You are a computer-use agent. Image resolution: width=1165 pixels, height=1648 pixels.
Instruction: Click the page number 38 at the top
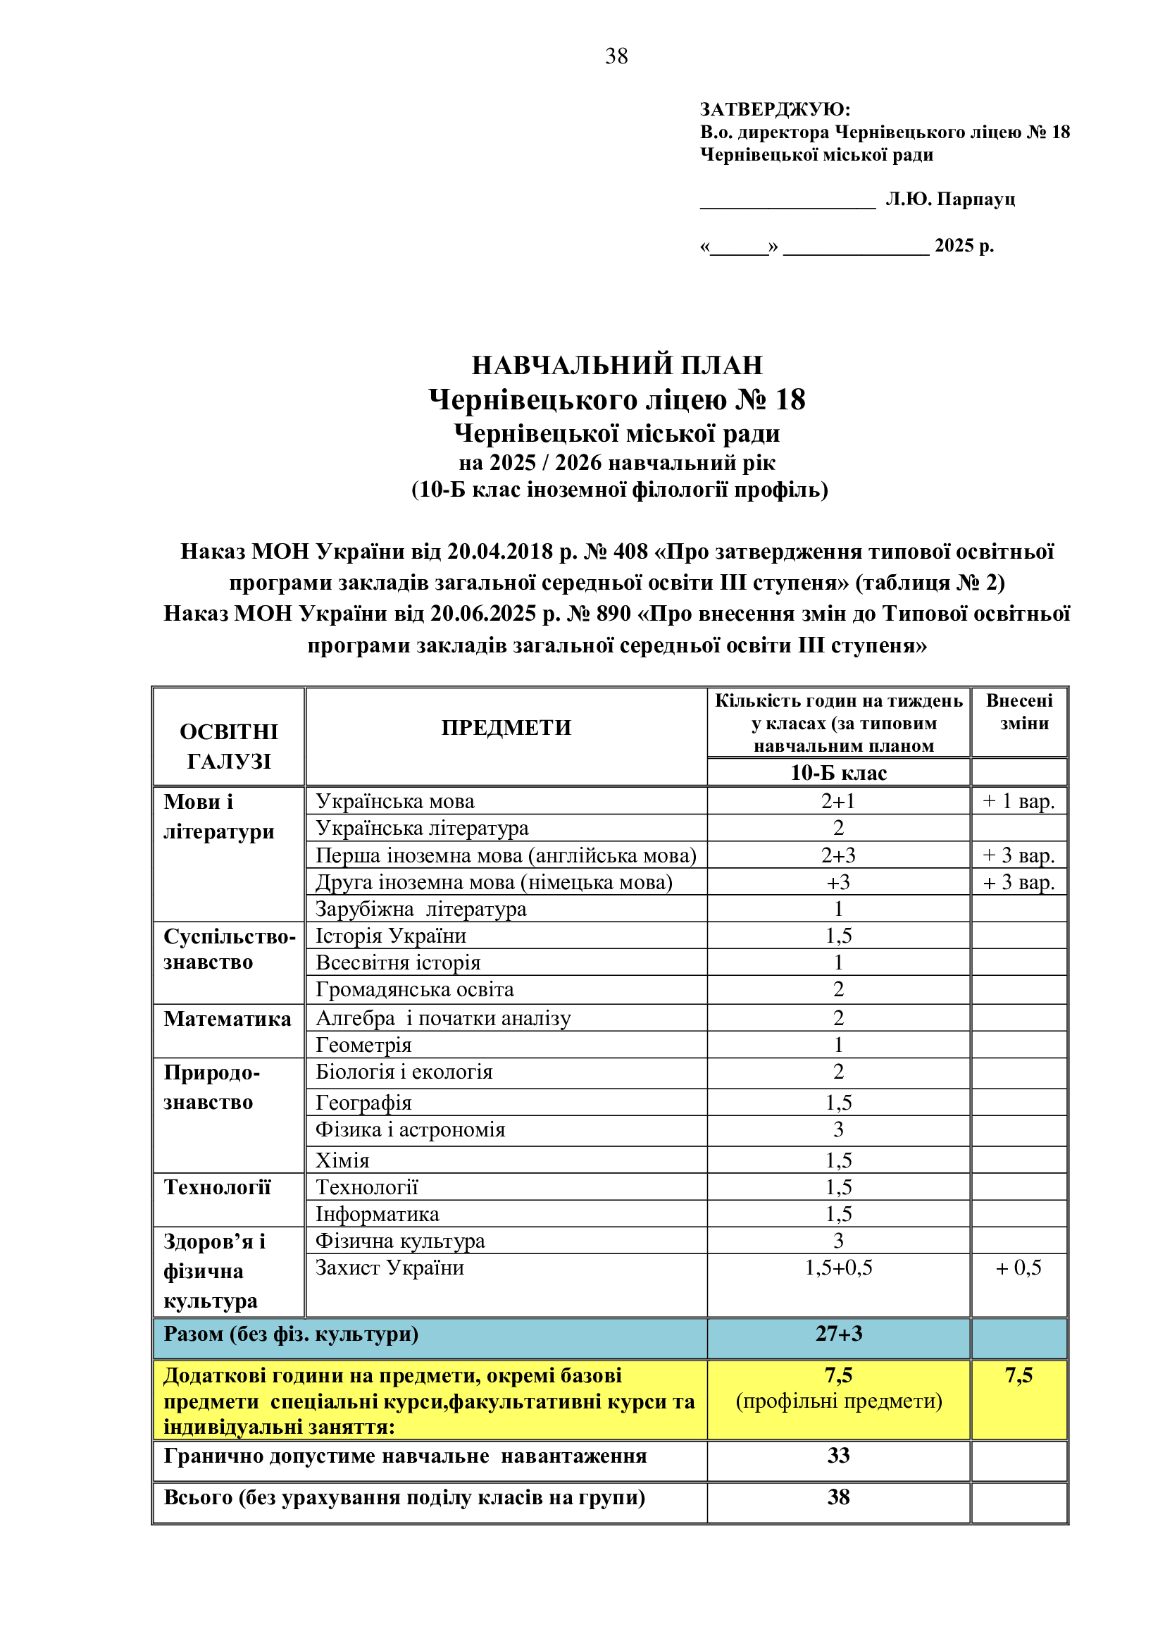(616, 56)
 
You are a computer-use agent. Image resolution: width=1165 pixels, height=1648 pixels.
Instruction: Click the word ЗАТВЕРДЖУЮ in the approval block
(774, 109)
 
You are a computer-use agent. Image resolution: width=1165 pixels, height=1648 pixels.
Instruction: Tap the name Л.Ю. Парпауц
(949, 199)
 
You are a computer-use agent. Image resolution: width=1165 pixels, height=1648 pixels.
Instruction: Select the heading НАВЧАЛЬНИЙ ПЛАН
(617, 366)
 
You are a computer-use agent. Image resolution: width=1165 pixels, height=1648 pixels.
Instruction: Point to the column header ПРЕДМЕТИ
(506, 728)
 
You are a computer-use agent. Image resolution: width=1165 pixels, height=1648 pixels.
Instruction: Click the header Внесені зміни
(1019, 712)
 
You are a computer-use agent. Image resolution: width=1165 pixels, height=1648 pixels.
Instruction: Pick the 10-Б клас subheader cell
(838, 773)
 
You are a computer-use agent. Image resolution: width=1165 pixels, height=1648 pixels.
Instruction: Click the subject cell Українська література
(422, 829)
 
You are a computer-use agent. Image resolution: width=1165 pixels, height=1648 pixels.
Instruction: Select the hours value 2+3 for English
(838, 855)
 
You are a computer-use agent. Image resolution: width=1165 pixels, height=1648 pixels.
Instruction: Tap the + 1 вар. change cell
(1018, 801)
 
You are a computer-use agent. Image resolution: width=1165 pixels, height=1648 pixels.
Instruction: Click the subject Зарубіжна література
(421, 910)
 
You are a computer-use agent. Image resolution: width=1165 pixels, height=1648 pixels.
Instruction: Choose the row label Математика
(228, 1019)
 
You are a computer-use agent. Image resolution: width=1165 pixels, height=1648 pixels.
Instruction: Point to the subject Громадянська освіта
(415, 990)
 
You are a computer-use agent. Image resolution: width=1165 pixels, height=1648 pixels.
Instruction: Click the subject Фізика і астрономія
(411, 1129)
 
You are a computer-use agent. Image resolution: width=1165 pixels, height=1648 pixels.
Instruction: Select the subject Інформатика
(378, 1215)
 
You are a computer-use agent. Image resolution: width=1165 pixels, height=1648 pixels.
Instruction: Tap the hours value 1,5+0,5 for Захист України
(838, 1268)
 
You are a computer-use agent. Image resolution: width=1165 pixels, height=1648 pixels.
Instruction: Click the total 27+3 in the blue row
(838, 1334)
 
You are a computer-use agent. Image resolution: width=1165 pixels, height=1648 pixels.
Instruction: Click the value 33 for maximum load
(838, 1455)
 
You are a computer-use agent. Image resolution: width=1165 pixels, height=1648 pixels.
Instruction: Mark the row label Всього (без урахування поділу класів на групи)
(404, 1497)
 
